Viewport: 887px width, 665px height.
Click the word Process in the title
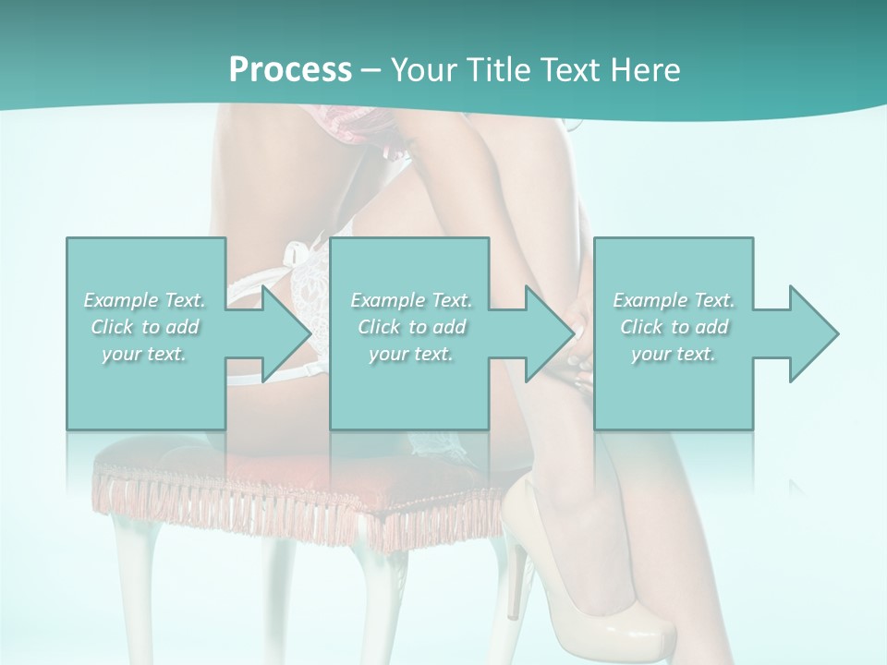coord(290,70)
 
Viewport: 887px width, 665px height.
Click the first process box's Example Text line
coord(144,300)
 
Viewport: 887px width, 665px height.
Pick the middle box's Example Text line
coord(411,300)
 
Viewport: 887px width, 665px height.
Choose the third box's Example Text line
coord(674,300)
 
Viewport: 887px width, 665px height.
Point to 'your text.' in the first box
coord(144,354)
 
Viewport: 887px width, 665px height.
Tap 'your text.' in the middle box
coord(411,354)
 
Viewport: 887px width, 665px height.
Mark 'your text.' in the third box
coord(674,354)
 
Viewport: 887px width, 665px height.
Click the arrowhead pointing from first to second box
coord(286,333)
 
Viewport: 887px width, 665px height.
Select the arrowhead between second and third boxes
coord(550,333)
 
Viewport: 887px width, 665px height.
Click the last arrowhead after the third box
coord(814,333)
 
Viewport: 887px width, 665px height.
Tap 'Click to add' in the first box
coord(144,327)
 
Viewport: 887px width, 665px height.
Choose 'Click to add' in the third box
coord(674,327)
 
